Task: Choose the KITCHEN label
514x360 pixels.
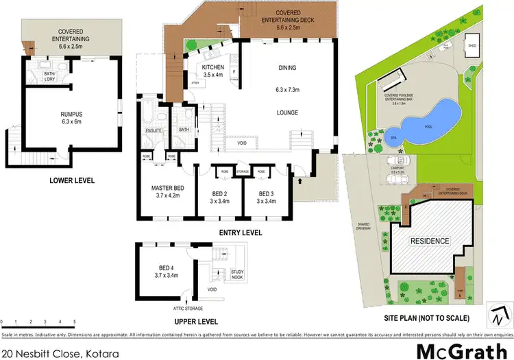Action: [x=213, y=67]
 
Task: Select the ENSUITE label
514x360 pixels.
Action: [x=152, y=130]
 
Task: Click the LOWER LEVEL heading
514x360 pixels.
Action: [x=72, y=181]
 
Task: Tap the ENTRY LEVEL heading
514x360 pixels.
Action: [x=241, y=233]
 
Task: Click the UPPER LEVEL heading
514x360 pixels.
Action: [x=195, y=321]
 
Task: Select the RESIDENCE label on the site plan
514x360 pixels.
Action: [x=430, y=241]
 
